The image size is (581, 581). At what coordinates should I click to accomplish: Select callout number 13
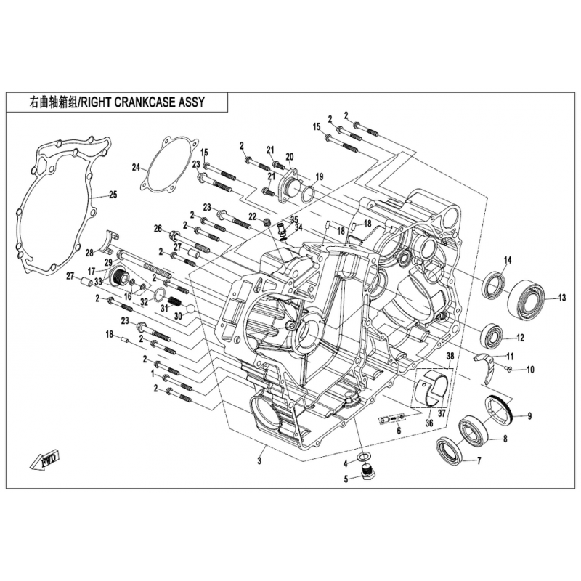(x=561, y=297)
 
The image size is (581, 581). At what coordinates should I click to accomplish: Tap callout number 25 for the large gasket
(x=113, y=194)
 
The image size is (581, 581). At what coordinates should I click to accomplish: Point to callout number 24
(x=135, y=168)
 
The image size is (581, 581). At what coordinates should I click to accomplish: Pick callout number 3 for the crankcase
(x=259, y=460)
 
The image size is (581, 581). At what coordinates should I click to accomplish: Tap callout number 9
(x=529, y=416)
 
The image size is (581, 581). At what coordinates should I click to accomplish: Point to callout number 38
(x=450, y=356)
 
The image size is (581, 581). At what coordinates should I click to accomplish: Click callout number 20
(x=289, y=157)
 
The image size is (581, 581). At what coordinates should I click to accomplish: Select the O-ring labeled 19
(x=307, y=193)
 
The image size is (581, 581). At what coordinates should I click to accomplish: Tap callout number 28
(x=89, y=253)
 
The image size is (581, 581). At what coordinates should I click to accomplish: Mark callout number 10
(x=530, y=370)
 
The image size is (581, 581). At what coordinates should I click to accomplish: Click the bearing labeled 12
(x=493, y=334)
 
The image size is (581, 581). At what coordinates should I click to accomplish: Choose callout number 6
(x=398, y=431)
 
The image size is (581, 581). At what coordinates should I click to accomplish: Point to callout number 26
(x=157, y=229)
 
